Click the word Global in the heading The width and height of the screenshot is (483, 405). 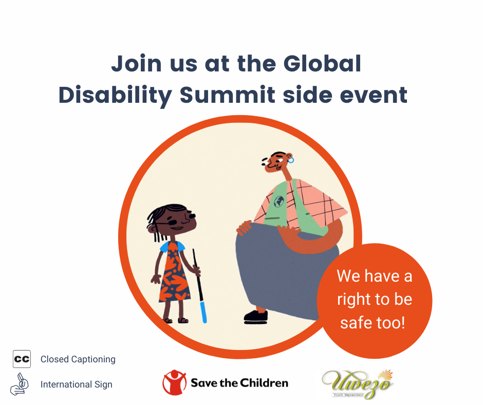click(322, 64)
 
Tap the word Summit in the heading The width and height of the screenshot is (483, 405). click(227, 95)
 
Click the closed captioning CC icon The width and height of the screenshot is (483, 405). click(22, 359)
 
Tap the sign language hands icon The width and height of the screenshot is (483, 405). click(20, 384)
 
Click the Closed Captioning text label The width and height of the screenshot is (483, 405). click(78, 359)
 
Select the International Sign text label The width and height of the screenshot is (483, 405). click(77, 384)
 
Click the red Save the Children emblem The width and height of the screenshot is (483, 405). click(174, 382)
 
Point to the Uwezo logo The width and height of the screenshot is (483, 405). click(357, 384)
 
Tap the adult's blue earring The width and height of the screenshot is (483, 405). click(290, 160)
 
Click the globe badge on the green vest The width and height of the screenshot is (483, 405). click(279, 201)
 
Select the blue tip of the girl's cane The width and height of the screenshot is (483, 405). click(203, 312)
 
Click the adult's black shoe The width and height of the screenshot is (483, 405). click(256, 317)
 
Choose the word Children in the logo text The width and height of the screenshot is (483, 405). click(264, 383)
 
